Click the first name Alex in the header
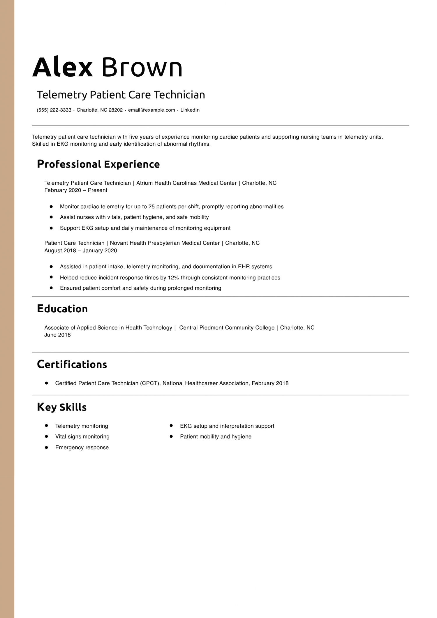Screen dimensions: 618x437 pyautogui.click(x=62, y=68)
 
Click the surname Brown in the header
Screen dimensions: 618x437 pyautogui.click(x=142, y=68)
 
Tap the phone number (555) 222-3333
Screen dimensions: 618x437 pyautogui.click(x=54, y=110)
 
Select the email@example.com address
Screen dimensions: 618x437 pyautogui.click(x=151, y=110)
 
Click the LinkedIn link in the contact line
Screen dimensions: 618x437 pyautogui.click(x=190, y=110)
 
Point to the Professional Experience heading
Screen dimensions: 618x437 pyautogui.click(x=98, y=164)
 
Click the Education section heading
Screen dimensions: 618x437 pyautogui.click(x=62, y=309)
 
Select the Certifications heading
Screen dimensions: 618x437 pyautogui.click(x=72, y=365)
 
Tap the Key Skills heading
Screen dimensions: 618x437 pyautogui.click(x=62, y=407)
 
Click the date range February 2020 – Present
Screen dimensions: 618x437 pyautogui.click(x=76, y=190)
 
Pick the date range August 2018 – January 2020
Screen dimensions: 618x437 pyautogui.click(x=81, y=251)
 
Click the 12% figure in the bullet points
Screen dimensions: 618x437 pyautogui.click(x=173, y=278)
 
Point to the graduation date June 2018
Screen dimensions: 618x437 pyautogui.click(x=57, y=335)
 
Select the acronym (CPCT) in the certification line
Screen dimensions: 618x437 pyautogui.click(x=150, y=383)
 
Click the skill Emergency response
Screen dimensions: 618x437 pyautogui.click(x=82, y=448)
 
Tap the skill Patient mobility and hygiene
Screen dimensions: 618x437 pyautogui.click(x=216, y=436)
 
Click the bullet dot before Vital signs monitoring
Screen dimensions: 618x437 pyautogui.click(x=46, y=436)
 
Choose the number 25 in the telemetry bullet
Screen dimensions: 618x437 pyautogui.click(x=151, y=207)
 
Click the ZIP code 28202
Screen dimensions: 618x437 pyautogui.click(x=116, y=110)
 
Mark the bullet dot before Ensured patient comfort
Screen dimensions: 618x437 pyautogui.click(x=51, y=288)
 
